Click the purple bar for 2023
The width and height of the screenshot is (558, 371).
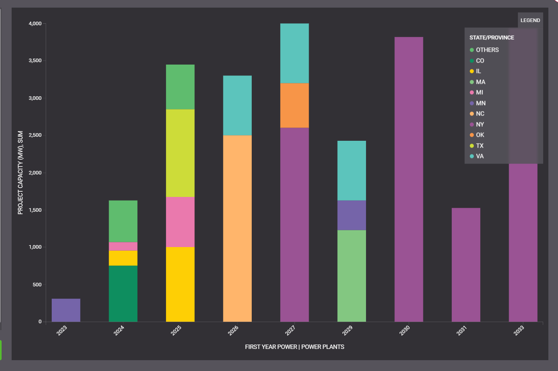66,310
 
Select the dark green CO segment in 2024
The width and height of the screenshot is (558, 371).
123,293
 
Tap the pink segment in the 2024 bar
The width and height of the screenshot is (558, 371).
123,246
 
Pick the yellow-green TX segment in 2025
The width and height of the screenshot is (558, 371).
180,153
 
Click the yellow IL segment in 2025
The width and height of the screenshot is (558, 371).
180,284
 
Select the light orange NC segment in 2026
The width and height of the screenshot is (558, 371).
237,228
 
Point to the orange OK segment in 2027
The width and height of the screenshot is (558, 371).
294,105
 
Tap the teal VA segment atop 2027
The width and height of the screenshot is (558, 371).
294,53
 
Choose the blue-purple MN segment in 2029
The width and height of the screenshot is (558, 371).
352,215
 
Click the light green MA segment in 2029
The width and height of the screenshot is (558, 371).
352,276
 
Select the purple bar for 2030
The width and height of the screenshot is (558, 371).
408,179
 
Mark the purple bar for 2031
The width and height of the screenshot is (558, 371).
466,265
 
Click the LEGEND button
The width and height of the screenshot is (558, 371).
530,20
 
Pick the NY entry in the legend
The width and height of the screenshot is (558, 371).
479,124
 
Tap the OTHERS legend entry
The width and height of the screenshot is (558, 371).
487,50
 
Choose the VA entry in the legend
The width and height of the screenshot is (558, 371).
479,156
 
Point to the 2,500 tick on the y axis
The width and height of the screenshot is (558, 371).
35,136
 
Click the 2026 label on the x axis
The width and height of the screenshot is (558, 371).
233,330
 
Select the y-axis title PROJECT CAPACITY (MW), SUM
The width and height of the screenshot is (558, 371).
20,172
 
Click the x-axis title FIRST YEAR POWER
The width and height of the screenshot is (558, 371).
271,347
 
